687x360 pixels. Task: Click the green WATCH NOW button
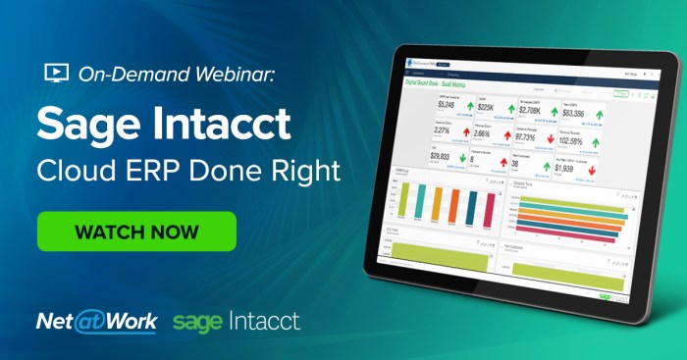click(136, 231)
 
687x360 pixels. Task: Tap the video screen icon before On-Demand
click(56, 73)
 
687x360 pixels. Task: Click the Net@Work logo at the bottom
click(95, 322)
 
